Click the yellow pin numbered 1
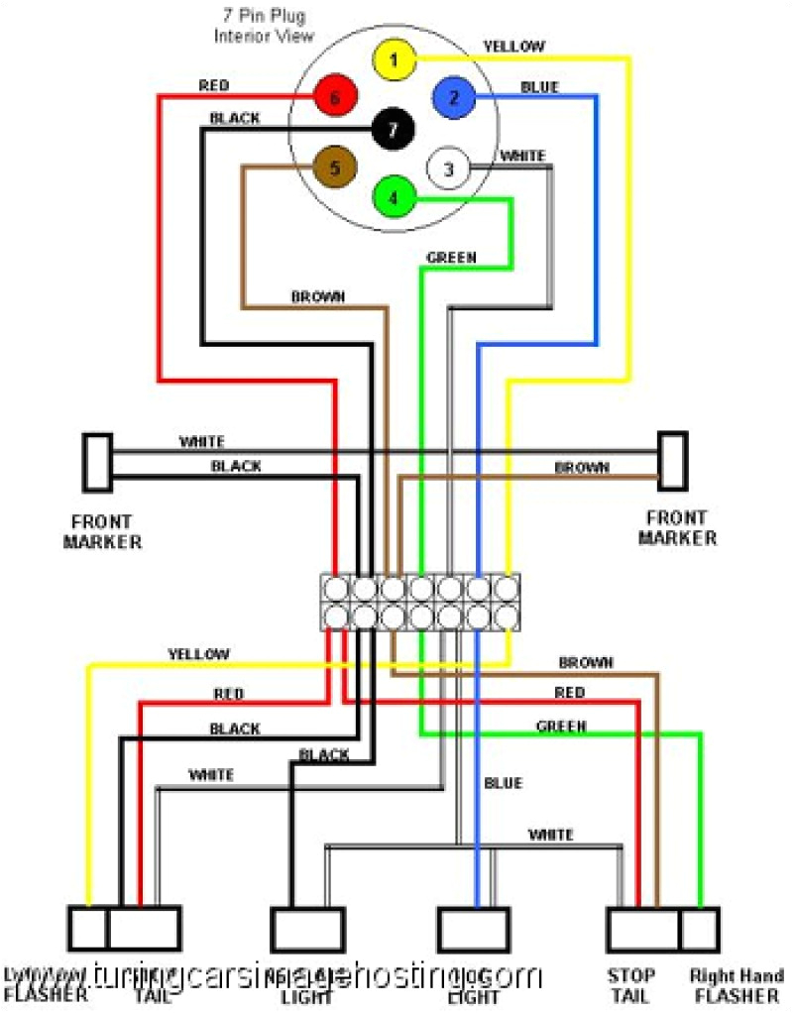coord(394,60)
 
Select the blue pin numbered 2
coord(454,97)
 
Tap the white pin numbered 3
coord(448,169)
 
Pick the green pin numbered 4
coord(394,197)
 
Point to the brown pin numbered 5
coord(334,168)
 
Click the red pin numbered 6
coord(334,97)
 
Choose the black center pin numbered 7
coord(393,129)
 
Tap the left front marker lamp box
coord(97,462)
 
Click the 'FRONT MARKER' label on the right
coord(677,527)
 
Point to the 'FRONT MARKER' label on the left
coord(102,531)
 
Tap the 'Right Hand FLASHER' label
coord(737,985)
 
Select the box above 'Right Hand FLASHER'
coord(700,929)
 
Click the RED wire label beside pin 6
coord(213,86)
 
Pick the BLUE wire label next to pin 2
coord(539,87)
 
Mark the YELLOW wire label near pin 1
coord(513,47)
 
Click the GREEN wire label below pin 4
coord(451,258)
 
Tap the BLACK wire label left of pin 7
coord(235,118)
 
